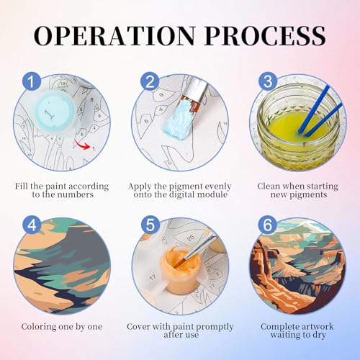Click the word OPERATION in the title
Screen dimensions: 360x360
(114, 35)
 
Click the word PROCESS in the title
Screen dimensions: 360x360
(266, 35)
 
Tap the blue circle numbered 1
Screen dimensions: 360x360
(32, 81)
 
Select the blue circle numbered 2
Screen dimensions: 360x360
(150, 81)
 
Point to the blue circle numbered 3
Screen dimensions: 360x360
(268, 81)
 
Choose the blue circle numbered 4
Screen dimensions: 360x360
(32, 225)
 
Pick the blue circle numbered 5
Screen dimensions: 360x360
(150, 225)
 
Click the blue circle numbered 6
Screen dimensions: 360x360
(267, 225)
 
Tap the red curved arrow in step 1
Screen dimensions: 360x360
(81, 145)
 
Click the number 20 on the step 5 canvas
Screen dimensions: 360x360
(190, 238)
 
